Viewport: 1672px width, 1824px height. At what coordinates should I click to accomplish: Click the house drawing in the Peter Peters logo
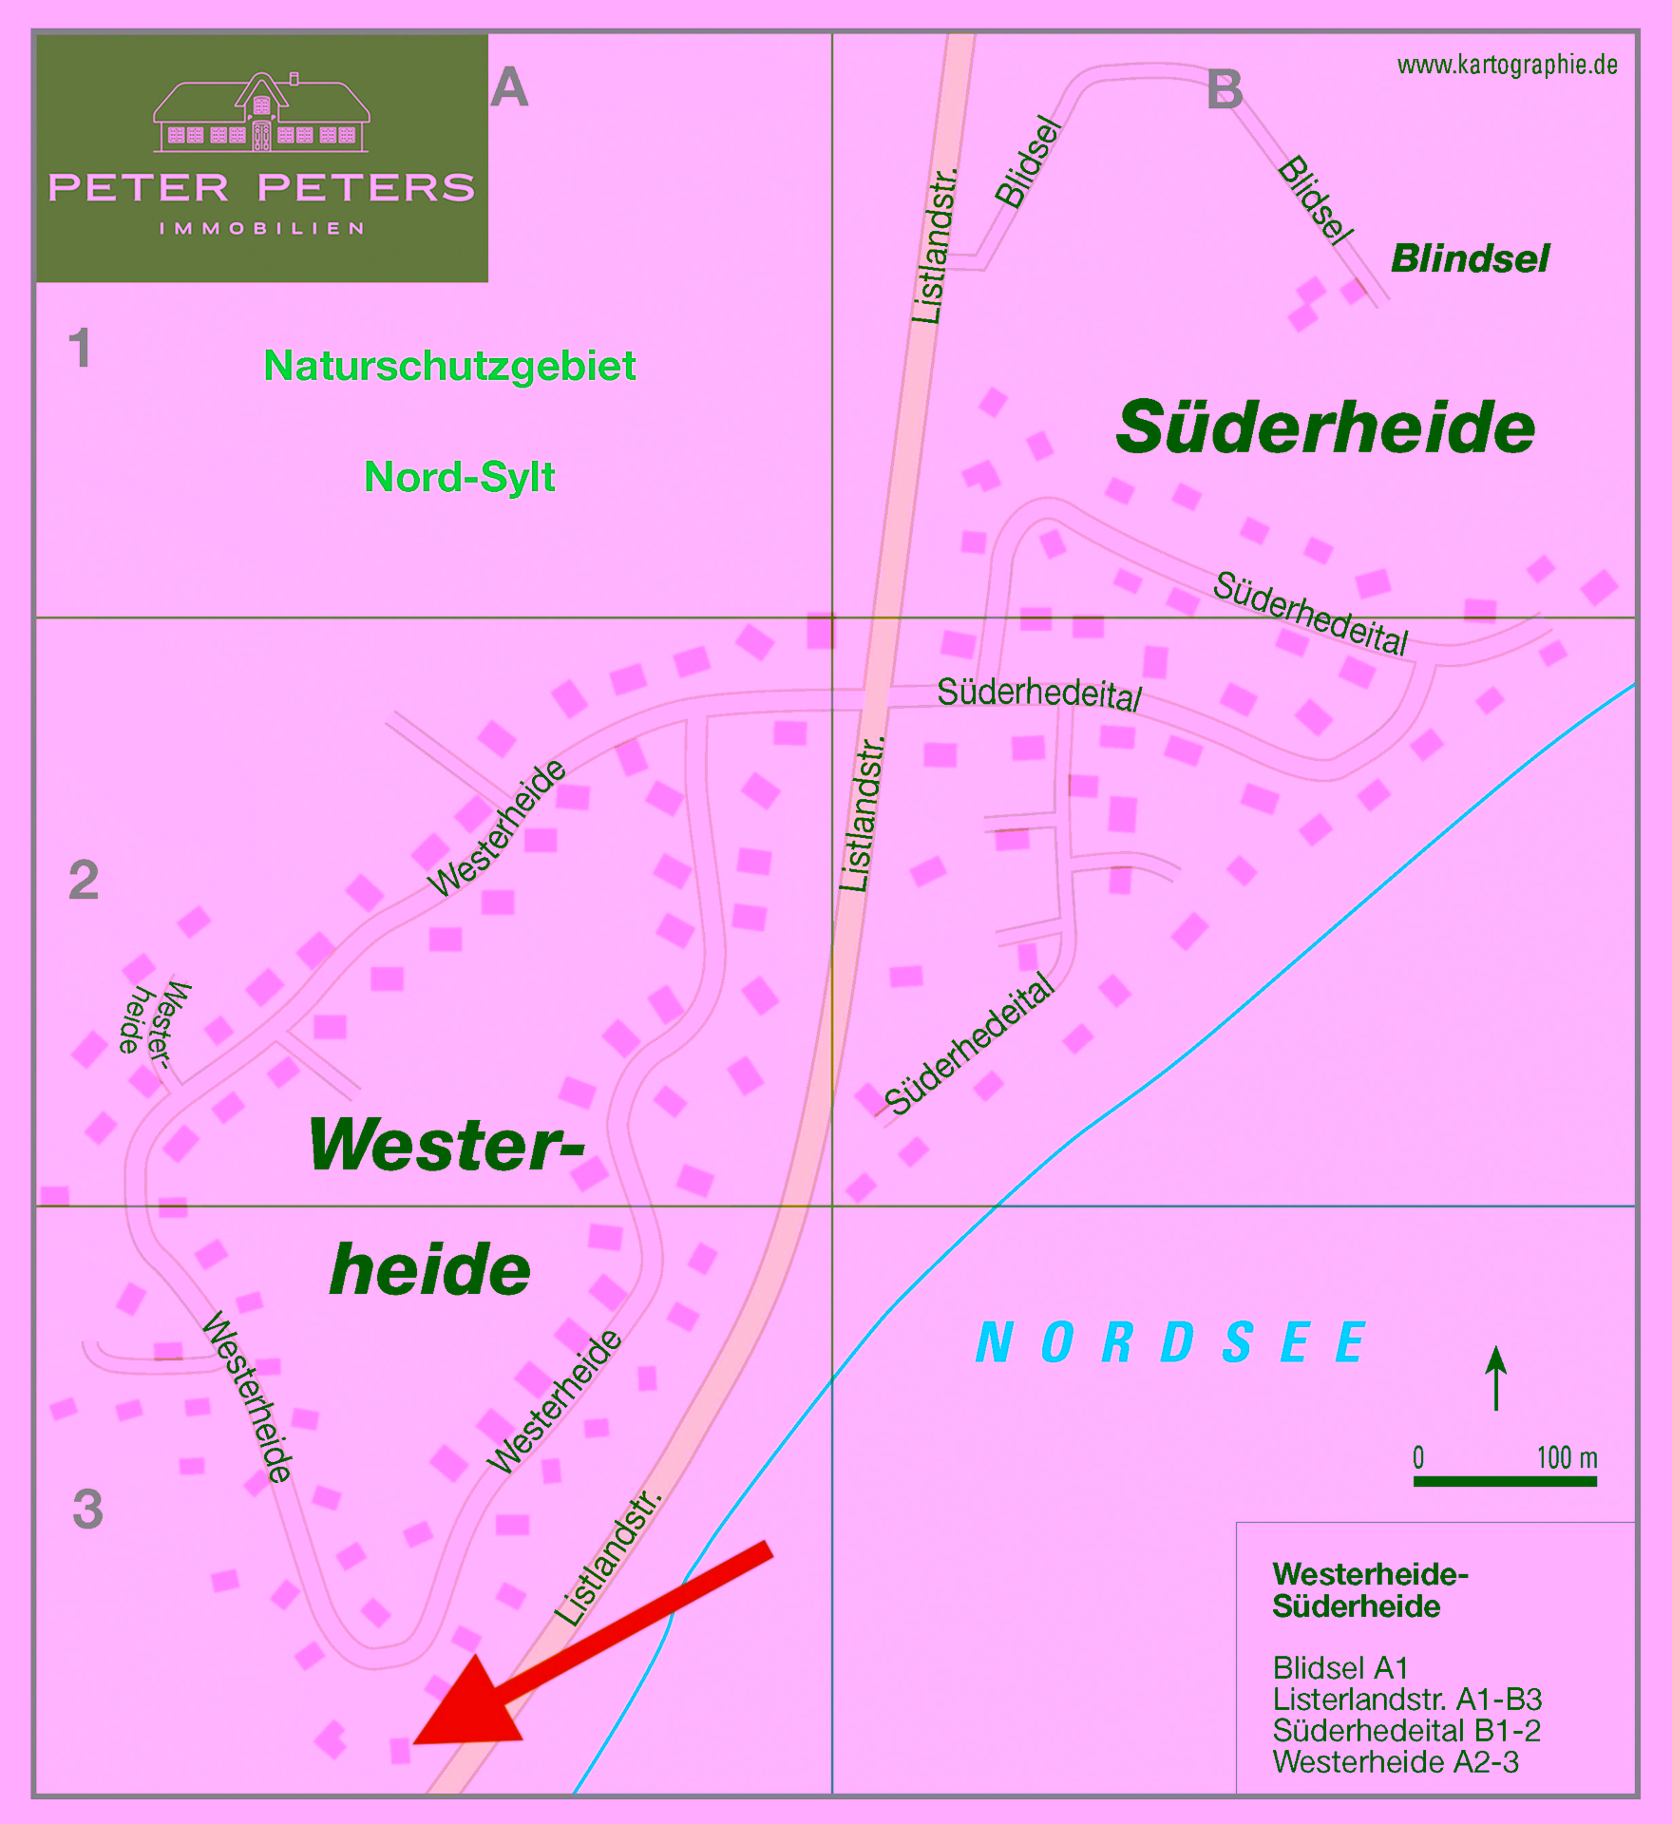(261, 113)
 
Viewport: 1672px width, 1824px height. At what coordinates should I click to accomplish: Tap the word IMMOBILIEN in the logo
(261, 229)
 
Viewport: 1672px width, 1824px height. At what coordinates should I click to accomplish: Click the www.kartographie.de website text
(1507, 65)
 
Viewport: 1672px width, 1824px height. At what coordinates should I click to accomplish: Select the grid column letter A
(509, 88)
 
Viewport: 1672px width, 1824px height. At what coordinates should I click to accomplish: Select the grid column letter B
(1225, 90)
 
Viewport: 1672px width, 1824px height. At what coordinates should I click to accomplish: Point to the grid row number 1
(81, 348)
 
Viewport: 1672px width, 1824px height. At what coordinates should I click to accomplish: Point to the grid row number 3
(87, 1509)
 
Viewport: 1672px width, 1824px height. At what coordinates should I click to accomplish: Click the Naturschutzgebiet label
(449, 366)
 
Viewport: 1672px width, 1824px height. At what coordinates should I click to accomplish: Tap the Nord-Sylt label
(460, 477)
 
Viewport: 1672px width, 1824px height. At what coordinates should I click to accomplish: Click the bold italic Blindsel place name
(1470, 258)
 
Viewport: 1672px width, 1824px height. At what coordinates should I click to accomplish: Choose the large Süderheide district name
(1325, 427)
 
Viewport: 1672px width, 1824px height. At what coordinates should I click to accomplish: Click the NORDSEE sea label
(1170, 1342)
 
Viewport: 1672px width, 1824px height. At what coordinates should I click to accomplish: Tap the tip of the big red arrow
(418, 1741)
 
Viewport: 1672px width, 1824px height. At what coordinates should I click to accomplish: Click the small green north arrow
(1496, 1377)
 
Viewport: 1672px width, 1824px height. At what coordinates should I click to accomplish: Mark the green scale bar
(1505, 1481)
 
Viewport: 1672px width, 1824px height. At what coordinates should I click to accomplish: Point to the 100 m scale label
(1567, 1457)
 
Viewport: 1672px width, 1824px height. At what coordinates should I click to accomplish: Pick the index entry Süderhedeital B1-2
(1406, 1731)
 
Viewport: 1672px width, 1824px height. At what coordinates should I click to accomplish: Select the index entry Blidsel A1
(1340, 1668)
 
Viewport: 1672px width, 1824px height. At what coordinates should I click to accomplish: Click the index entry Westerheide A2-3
(1396, 1762)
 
